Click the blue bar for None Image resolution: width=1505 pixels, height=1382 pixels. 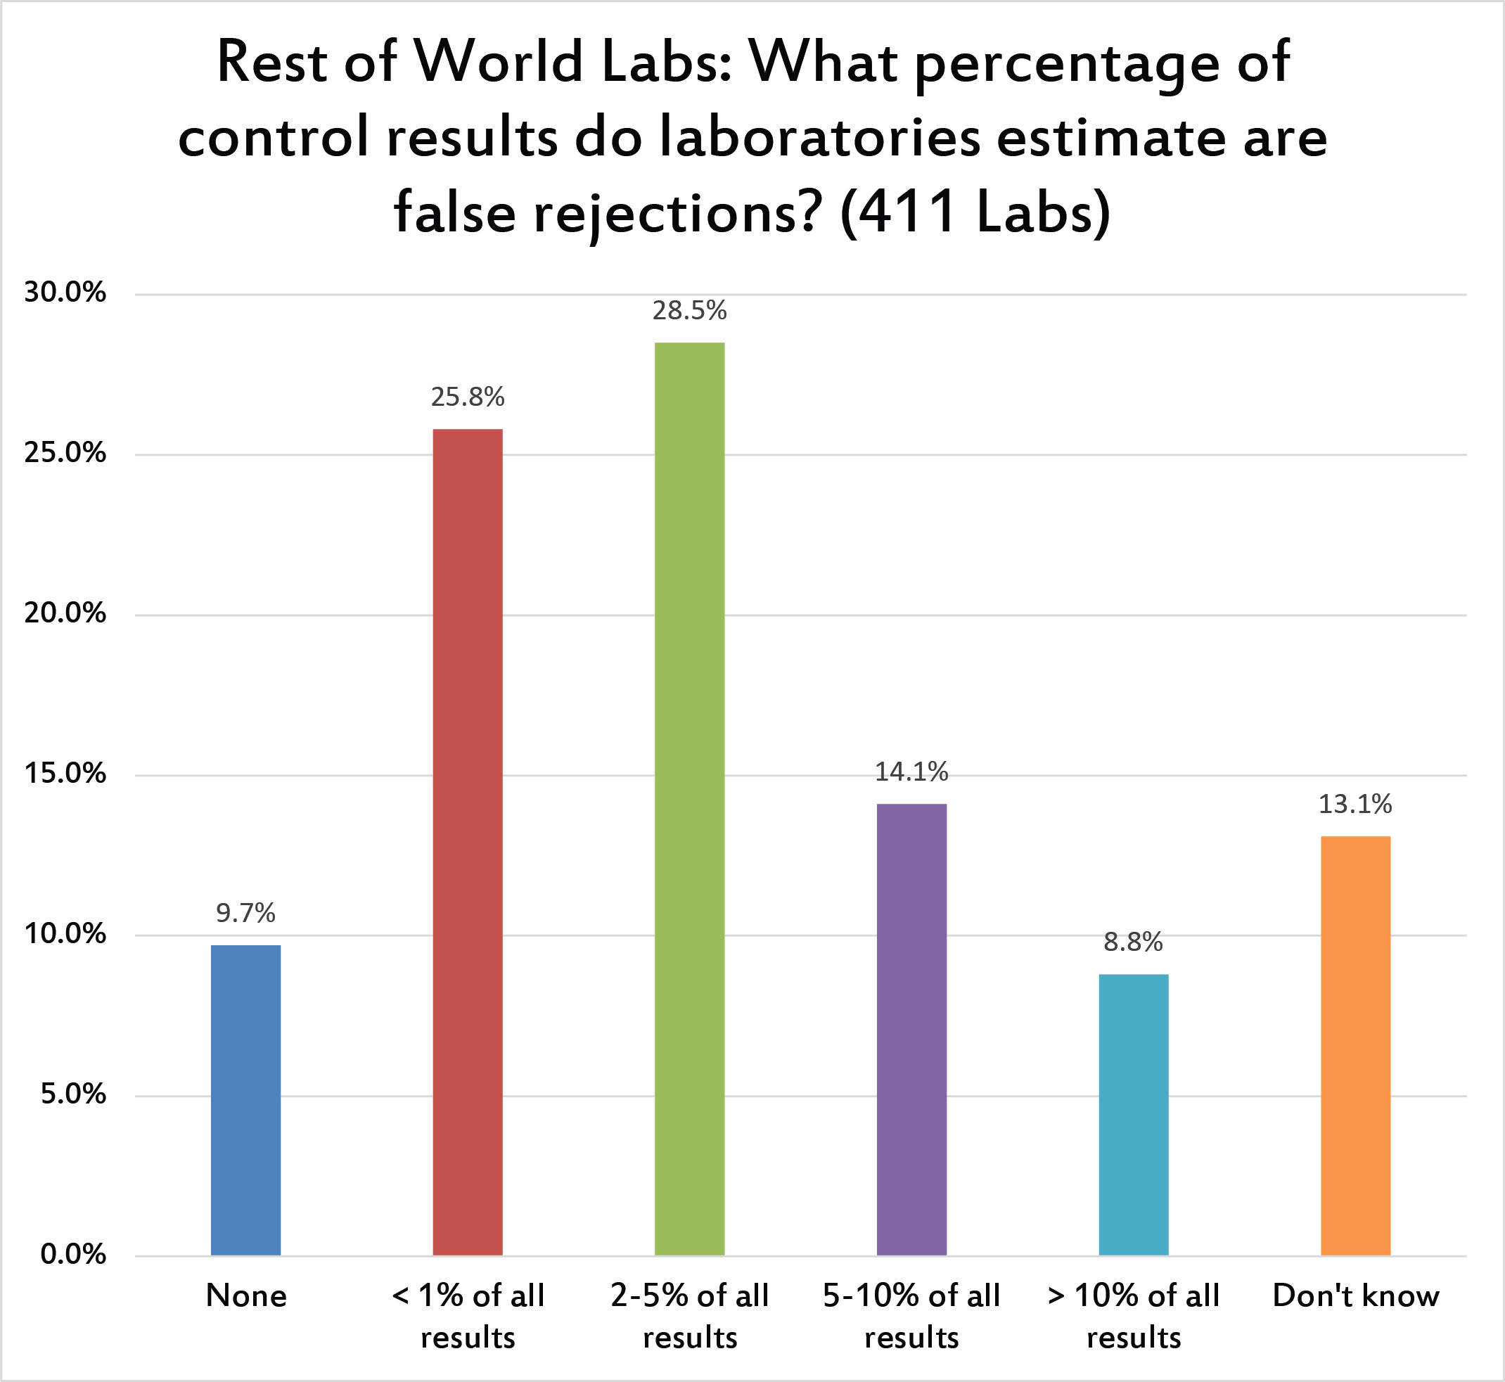click(x=245, y=1100)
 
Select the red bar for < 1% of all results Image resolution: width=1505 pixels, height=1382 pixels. click(x=467, y=842)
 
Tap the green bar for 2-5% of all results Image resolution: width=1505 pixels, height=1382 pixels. click(x=689, y=799)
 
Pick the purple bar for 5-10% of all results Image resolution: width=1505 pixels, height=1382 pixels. click(x=911, y=1029)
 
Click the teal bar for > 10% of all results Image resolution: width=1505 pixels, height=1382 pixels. click(x=1134, y=1115)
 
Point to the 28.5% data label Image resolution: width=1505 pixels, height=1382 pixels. click(x=689, y=310)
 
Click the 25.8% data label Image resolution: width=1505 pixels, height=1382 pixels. click(x=467, y=397)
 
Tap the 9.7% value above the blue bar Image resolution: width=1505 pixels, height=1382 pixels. click(x=245, y=913)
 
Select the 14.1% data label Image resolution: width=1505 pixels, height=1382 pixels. click(x=911, y=772)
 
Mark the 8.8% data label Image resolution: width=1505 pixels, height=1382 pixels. click(x=1134, y=942)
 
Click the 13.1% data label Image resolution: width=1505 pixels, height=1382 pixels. click(x=1355, y=804)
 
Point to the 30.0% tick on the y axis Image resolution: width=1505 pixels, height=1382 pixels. click(x=65, y=293)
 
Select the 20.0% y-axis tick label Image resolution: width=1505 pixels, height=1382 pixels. click(x=65, y=614)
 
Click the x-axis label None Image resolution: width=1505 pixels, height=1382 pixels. click(x=246, y=1296)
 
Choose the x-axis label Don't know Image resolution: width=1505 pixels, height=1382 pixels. click(x=1355, y=1296)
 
